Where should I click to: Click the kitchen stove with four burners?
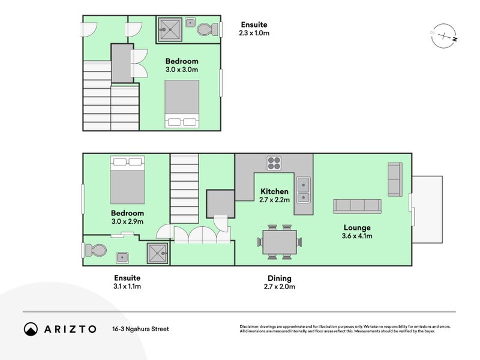click(x=274, y=163)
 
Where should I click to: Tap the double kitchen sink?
click(x=304, y=189)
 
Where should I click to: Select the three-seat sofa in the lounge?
click(x=357, y=206)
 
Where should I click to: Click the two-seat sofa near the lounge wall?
click(x=395, y=179)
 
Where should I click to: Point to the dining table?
click(x=279, y=242)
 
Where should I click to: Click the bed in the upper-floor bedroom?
click(x=182, y=103)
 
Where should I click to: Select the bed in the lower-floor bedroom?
click(x=127, y=179)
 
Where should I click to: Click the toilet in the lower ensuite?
click(x=95, y=251)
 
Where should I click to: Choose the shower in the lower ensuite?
click(x=158, y=254)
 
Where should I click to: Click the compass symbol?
click(x=445, y=37)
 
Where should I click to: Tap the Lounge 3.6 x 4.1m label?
click(x=357, y=232)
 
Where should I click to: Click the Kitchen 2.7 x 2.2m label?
click(x=274, y=196)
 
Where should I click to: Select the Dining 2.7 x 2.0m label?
click(x=279, y=282)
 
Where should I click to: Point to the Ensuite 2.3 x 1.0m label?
click(x=254, y=29)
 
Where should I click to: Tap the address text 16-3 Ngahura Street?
click(x=140, y=329)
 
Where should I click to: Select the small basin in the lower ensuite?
click(x=122, y=256)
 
